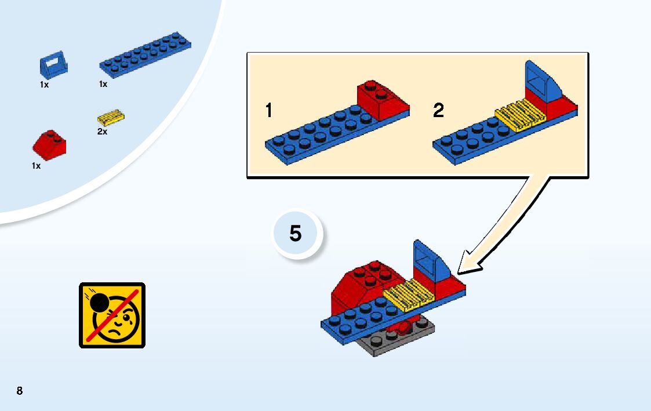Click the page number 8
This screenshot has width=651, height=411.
coord(20,390)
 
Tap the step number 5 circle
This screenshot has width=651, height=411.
coord(296,234)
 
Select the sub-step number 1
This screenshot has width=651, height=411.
coord(268,110)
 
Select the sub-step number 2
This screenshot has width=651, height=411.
coord(438,110)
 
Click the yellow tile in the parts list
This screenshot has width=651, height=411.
coord(111,118)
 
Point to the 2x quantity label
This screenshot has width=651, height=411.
coord(102,132)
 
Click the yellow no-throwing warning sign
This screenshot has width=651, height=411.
coord(112,315)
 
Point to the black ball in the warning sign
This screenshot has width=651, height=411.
coord(99,303)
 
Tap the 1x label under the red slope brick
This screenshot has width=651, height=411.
coord(36,166)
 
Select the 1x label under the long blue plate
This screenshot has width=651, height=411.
coord(103,84)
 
